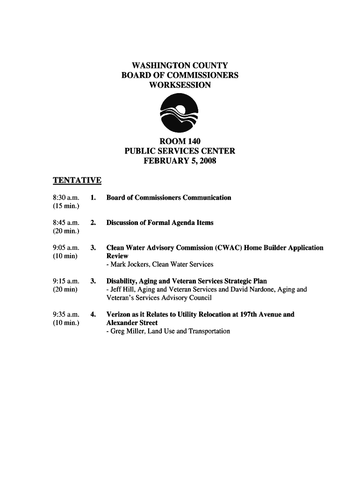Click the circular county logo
click(x=180, y=113)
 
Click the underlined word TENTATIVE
click(x=77, y=181)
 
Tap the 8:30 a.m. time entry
click(x=66, y=198)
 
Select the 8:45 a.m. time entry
click(x=66, y=223)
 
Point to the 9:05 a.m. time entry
click(x=66, y=248)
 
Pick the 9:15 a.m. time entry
click(x=66, y=281)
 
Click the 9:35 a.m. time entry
click(x=66, y=314)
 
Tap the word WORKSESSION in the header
click(x=180, y=85)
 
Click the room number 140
click(x=194, y=141)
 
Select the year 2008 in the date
click(x=207, y=161)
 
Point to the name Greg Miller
click(x=125, y=331)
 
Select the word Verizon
click(x=119, y=314)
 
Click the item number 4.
click(x=94, y=314)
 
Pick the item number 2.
click(x=94, y=223)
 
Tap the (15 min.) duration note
click(x=66, y=206)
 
